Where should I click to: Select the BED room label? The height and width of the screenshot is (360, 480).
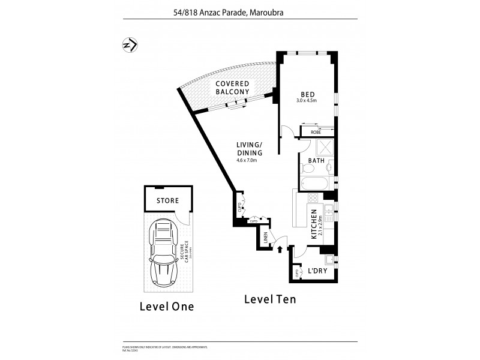tap(308, 94)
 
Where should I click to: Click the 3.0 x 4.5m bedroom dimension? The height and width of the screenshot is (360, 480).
tap(307, 101)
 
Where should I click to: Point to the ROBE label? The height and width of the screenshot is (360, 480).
tap(316, 132)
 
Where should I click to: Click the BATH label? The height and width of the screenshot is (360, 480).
tap(317, 161)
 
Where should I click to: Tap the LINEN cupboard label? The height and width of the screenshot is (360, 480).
tap(265, 238)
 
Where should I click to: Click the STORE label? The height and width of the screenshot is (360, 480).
tap(167, 200)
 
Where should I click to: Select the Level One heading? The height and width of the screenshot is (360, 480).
tap(166, 306)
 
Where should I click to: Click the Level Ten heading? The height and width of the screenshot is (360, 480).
tap(269, 298)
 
